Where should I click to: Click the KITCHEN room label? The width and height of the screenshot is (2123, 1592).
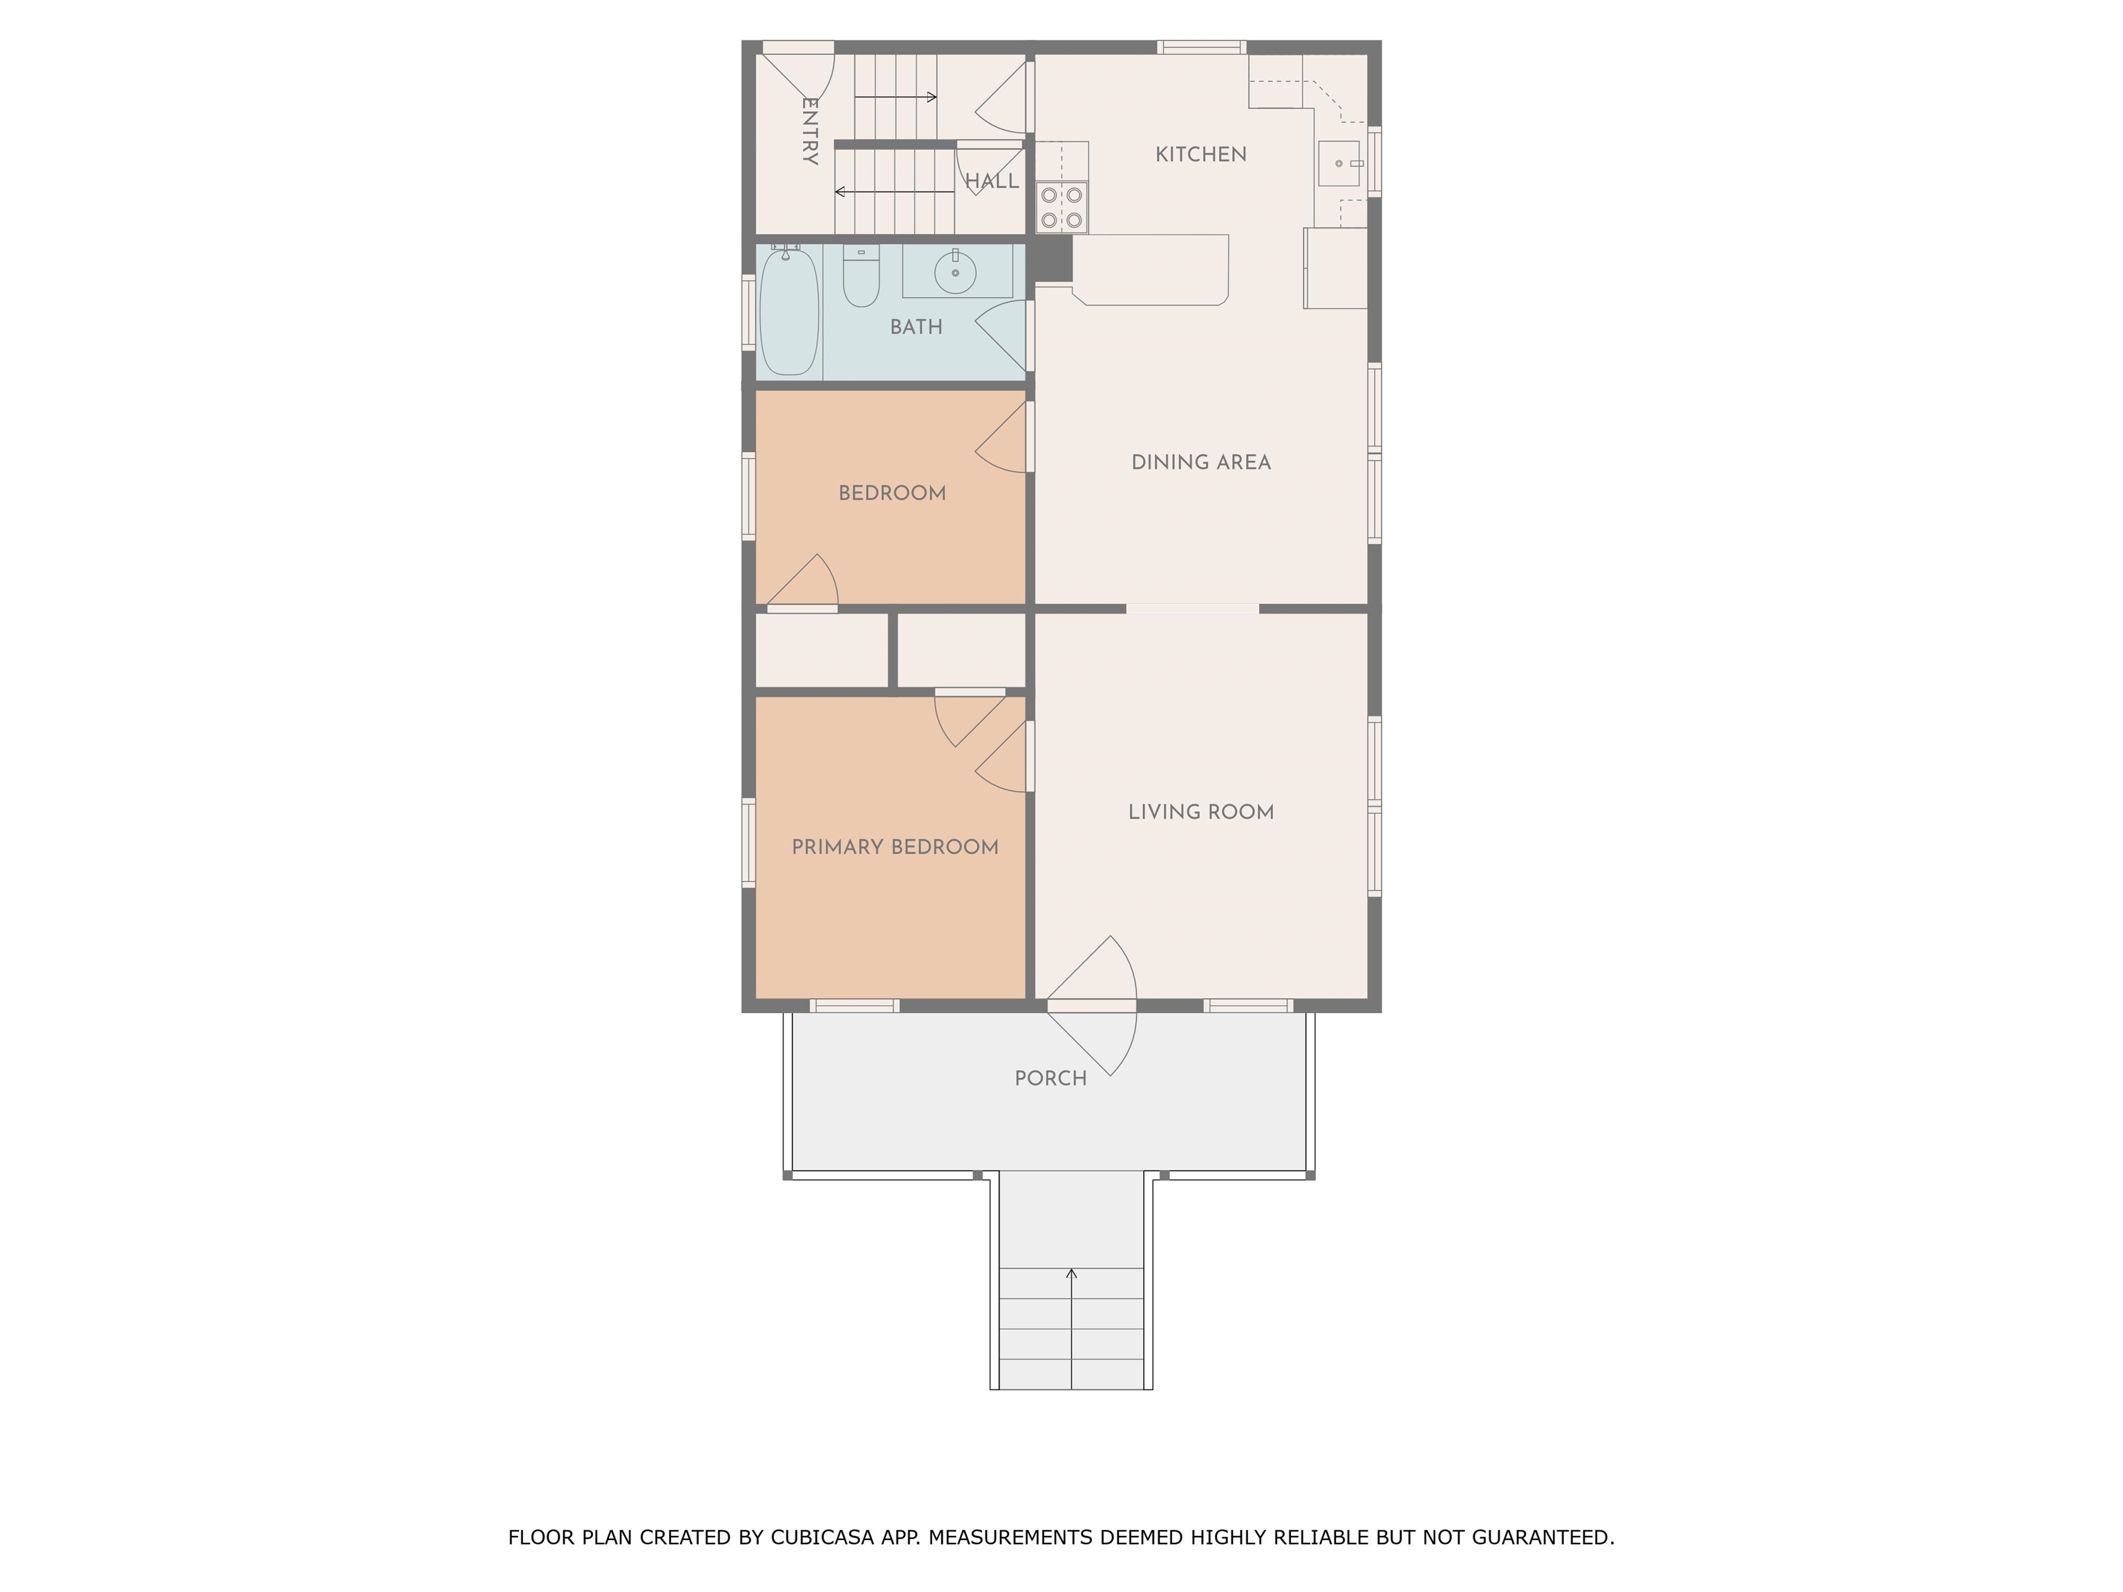coord(1200,155)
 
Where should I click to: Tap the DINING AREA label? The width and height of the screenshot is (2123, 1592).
coord(1200,462)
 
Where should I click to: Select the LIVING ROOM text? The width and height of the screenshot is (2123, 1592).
coord(1200,812)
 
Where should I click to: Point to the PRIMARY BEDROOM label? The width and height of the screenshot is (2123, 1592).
coord(894,846)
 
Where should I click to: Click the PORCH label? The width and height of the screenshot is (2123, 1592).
coord(1051,1078)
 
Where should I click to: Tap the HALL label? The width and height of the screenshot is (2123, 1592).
coord(992,181)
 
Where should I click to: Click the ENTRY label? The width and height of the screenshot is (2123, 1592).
coord(810,131)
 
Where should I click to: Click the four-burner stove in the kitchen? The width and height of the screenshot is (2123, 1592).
coord(1061,207)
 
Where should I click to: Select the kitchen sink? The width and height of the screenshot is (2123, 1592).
coord(1341,163)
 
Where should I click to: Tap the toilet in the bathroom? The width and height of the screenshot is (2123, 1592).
coord(861,276)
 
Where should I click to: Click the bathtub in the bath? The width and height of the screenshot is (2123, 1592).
coord(789,311)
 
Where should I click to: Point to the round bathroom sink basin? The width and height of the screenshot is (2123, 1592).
coord(955,272)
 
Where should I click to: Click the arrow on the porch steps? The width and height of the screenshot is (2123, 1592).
coord(1071,1328)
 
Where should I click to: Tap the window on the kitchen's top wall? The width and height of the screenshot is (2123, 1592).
coord(1200,47)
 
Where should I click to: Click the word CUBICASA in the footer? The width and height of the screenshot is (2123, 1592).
coord(822,1538)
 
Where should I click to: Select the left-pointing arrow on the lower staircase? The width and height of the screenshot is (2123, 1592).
coord(894,192)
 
